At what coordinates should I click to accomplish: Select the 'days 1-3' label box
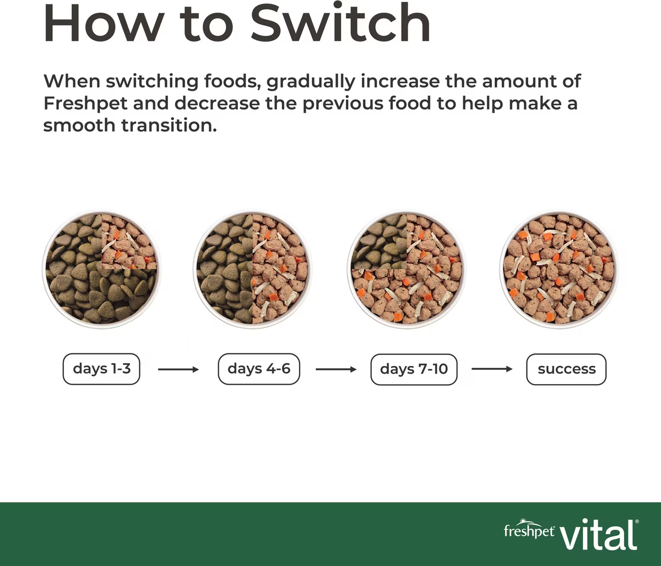101,369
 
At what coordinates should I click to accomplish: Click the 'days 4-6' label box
259,369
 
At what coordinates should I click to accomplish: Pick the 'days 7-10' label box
414,369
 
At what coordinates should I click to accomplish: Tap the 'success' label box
566,369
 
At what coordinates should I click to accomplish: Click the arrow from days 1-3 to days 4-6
178,370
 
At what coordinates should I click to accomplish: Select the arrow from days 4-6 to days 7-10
336,369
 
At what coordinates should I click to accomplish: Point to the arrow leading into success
492,369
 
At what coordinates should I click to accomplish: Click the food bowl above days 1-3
101,269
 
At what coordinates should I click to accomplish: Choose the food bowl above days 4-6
253,269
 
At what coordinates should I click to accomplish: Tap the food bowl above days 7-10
407,269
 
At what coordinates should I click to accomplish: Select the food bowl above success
559,269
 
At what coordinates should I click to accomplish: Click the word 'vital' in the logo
599,535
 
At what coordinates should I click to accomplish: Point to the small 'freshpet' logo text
529,531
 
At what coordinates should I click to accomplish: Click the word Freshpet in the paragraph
85,104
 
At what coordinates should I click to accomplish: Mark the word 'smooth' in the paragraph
79,125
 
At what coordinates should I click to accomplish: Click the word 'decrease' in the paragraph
217,104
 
